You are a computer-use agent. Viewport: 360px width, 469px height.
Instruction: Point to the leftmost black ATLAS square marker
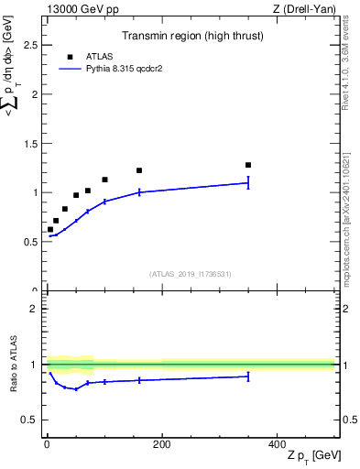[50, 229]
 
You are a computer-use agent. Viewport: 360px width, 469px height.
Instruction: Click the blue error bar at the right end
[248, 182]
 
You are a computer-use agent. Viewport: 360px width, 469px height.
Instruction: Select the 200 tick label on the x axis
[161, 444]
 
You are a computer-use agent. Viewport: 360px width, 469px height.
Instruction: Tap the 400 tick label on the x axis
[276, 444]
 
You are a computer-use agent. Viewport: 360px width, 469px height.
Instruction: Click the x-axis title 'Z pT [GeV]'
[311, 457]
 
